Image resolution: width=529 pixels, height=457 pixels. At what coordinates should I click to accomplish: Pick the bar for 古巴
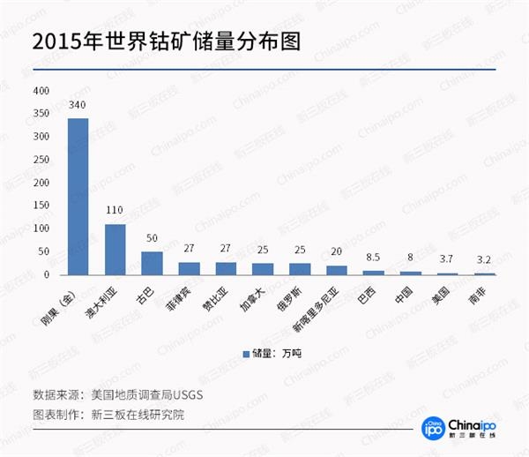152,263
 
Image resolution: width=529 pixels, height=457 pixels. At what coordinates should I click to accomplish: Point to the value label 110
115,214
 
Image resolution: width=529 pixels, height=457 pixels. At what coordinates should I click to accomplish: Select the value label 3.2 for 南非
484,262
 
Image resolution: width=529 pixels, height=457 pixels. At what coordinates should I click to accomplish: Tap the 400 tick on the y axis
41,91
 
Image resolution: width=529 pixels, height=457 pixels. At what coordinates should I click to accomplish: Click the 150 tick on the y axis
41,206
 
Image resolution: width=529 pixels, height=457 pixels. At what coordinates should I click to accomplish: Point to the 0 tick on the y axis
48,274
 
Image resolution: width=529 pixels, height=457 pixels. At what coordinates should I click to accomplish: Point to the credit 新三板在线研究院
134,415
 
